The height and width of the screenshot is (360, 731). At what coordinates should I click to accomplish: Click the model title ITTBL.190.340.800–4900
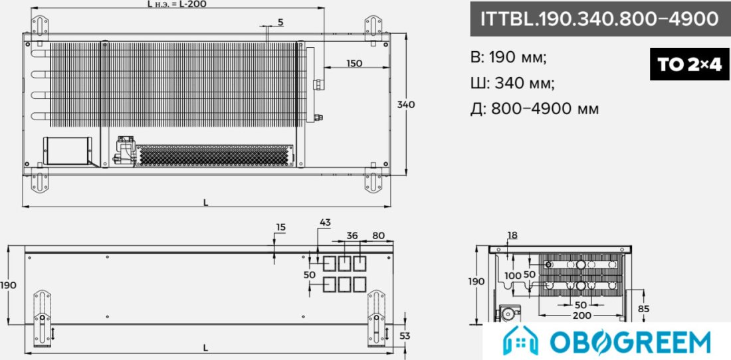point(599,19)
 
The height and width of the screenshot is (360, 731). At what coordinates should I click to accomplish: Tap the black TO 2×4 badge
point(690,64)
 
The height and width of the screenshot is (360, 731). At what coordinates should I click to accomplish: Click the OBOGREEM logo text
point(630,343)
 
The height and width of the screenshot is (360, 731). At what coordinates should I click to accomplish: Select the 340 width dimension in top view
point(405,105)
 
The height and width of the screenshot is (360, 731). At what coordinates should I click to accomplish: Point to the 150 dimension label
point(354,63)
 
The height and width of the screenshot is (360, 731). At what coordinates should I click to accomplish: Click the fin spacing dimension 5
point(280,22)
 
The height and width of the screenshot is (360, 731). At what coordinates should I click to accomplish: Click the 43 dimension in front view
point(325,223)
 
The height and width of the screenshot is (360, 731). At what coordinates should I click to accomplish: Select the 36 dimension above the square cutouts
point(352,236)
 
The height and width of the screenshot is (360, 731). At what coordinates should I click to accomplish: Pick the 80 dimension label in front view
point(379,236)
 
